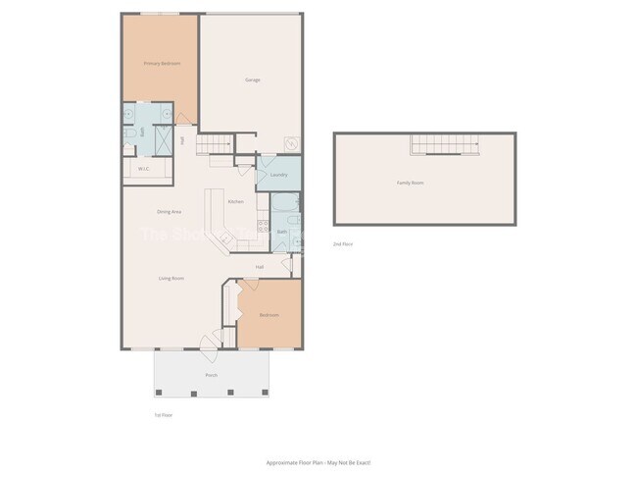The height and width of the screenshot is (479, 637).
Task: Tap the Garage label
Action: click(x=252, y=80)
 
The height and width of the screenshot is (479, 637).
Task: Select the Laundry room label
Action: click(x=277, y=175)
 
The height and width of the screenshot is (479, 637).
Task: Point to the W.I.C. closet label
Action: click(x=143, y=169)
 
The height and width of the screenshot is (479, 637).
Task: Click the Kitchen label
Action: click(x=236, y=202)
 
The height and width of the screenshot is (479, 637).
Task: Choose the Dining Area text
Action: click(x=169, y=211)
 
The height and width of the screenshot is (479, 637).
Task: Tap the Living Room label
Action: click(x=172, y=278)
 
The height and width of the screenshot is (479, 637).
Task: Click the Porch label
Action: click(x=211, y=375)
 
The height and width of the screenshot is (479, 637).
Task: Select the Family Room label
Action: click(x=410, y=183)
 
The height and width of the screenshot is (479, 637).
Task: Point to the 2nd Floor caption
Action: click(x=343, y=243)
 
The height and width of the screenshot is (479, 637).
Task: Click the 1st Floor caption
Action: click(x=163, y=415)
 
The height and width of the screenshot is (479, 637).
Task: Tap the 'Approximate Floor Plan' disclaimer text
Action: click(x=318, y=461)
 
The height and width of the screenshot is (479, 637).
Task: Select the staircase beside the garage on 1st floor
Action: click(x=215, y=146)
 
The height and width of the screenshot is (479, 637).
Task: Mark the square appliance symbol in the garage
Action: click(x=291, y=143)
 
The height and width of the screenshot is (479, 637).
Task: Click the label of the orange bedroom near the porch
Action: click(x=269, y=315)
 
